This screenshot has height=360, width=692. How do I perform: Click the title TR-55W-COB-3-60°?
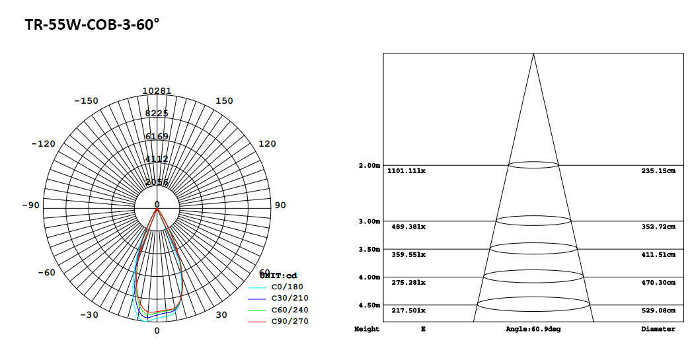(92, 24)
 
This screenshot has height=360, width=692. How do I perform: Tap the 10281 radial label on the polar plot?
(157, 90)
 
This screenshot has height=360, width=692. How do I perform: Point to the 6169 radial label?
(157, 137)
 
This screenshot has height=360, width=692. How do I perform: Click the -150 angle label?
(86, 101)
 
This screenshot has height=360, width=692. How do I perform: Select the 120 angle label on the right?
(266, 144)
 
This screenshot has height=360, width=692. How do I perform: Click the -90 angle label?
(30, 205)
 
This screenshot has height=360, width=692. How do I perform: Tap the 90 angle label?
(280, 205)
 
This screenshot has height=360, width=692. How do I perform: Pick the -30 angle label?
(89, 314)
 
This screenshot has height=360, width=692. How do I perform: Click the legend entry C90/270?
(289, 321)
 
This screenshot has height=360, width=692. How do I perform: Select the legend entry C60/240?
(289, 310)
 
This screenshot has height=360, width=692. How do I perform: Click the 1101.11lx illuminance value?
(406, 171)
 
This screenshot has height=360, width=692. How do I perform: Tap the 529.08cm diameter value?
(658, 310)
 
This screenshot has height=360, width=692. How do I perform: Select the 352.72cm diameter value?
(658, 227)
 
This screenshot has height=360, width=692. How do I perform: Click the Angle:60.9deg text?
(533, 329)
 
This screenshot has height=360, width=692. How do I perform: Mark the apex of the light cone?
(533, 54)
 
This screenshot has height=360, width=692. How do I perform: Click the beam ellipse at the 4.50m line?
(533, 305)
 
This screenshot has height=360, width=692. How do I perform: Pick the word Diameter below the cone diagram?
(658, 329)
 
